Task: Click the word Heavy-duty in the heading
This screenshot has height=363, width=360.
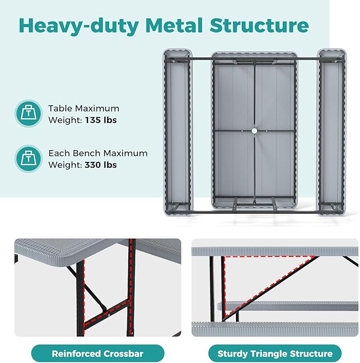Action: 78,26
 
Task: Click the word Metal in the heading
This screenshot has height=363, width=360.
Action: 174,25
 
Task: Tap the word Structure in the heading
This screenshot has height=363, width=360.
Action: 259,25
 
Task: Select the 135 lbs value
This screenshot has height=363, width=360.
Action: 101,120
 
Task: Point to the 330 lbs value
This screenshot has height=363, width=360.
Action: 101,165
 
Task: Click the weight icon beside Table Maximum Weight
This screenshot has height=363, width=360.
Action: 28,114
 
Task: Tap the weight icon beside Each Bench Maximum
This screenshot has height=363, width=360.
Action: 28,159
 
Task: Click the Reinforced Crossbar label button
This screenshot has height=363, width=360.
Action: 98,353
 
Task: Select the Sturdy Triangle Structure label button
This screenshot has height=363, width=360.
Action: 275,353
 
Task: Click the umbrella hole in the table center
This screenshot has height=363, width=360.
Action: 254,131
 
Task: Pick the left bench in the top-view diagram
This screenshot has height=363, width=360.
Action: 177,132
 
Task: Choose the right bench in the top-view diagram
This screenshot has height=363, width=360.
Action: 332,132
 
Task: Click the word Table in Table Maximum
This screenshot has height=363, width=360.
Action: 60,108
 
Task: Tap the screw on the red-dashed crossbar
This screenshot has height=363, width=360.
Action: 108,315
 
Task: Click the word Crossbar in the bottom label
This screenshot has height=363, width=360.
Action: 123,353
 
